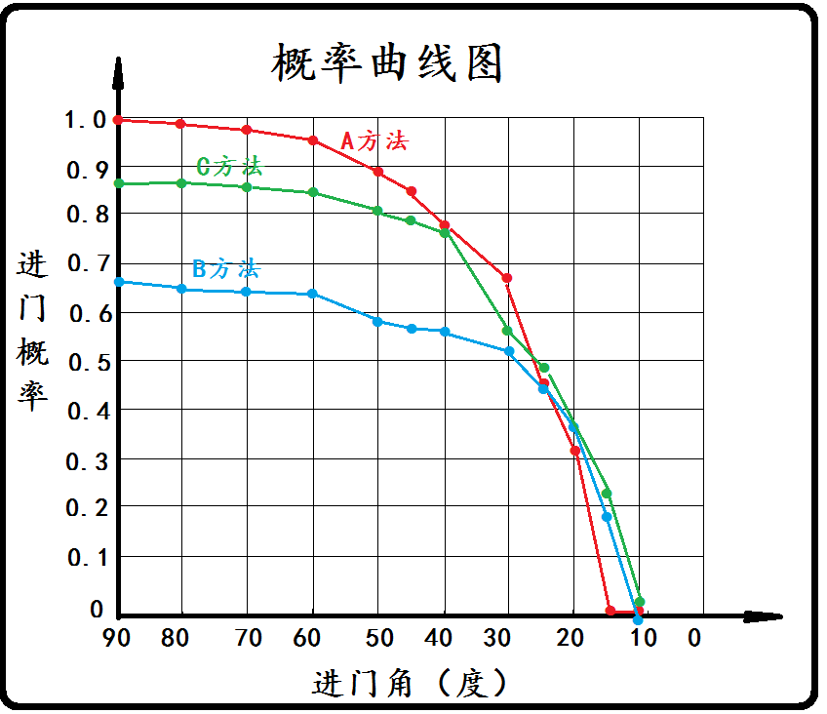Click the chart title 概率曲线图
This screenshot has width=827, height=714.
(x=386, y=63)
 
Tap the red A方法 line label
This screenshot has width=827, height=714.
(x=374, y=140)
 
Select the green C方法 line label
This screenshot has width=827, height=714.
(x=229, y=166)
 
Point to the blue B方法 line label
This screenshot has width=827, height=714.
(x=225, y=269)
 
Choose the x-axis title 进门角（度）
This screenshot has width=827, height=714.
(x=411, y=683)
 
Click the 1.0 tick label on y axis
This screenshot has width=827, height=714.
(x=85, y=120)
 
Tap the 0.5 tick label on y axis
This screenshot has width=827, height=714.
(x=85, y=361)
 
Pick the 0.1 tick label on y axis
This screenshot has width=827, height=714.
(x=85, y=557)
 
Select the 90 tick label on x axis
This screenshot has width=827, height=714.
(x=119, y=638)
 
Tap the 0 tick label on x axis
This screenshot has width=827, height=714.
(x=694, y=638)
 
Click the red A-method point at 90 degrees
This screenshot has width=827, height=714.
(x=118, y=120)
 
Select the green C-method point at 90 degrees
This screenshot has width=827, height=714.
(x=119, y=183)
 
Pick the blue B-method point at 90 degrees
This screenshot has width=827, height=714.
(x=119, y=282)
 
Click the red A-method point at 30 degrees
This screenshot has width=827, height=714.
(x=507, y=279)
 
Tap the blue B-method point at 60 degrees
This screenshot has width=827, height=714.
(x=312, y=294)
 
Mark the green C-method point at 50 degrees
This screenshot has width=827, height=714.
(x=377, y=211)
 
